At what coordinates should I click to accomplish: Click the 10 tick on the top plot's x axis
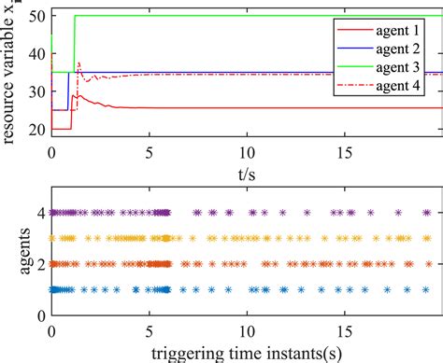(x=247, y=151)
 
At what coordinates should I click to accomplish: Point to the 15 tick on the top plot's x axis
(x=344, y=151)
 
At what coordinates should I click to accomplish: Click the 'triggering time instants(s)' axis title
(x=245, y=353)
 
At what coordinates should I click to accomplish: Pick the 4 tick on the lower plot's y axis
(x=40, y=213)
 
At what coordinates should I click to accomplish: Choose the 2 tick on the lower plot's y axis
(x=40, y=264)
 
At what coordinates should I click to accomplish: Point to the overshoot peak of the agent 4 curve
(x=79, y=63)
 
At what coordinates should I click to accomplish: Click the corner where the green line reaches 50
(x=75, y=16)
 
